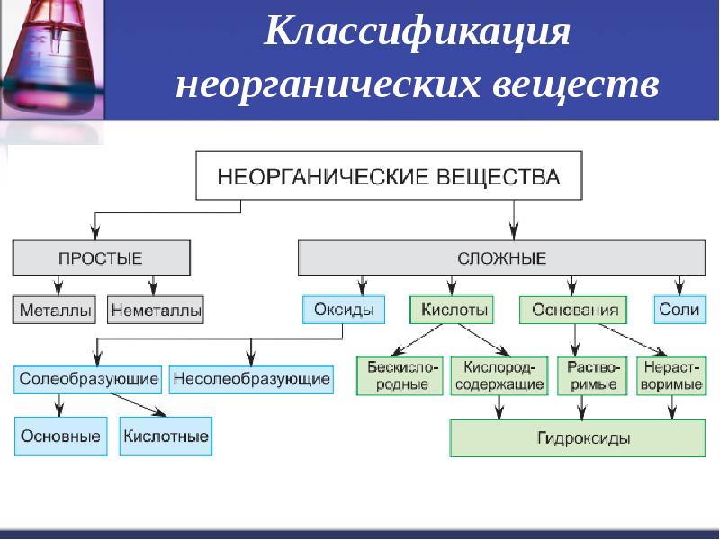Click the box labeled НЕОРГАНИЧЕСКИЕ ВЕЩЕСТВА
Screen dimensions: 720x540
(389, 175)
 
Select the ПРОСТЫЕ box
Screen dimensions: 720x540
(102, 258)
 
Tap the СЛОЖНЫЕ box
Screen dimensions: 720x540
(501, 258)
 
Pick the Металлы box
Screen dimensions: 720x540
(55, 310)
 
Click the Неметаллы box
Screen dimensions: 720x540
(156, 310)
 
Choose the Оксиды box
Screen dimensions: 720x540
(344, 310)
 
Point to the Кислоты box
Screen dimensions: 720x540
(452, 310)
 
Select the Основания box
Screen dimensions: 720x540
(573, 310)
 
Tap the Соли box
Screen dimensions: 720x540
(679, 310)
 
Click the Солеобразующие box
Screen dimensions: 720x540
(87, 379)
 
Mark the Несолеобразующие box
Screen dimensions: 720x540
(251, 379)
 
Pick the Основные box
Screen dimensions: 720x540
(60, 436)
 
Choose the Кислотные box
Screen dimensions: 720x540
(166, 436)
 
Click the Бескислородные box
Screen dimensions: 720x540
(400, 375)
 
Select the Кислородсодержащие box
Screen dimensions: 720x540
(499, 375)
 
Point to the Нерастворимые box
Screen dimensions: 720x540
(671, 375)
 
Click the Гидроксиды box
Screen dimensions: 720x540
(578, 438)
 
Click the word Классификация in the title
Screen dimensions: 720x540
(417, 31)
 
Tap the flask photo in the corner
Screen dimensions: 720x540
(52, 59)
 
